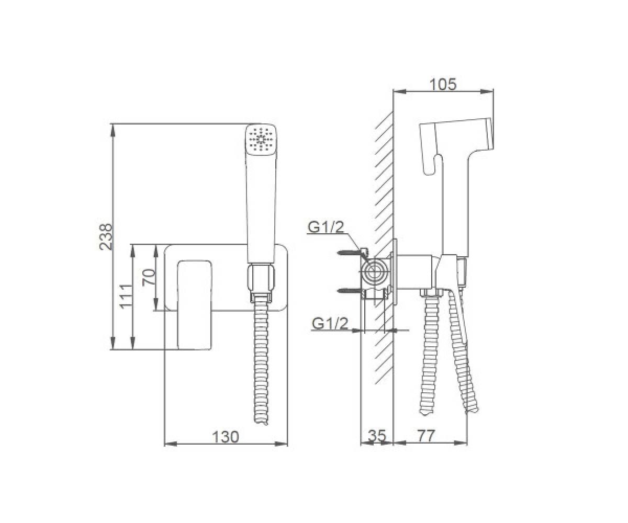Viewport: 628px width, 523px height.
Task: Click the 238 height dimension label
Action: tap(106, 236)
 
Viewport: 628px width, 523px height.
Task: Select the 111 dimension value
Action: tap(126, 296)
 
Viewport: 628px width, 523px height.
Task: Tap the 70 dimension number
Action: tap(149, 277)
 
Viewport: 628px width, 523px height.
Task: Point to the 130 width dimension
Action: tap(225, 437)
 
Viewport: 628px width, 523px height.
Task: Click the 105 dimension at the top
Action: tap(443, 84)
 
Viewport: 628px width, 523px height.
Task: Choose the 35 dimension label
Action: tap(377, 436)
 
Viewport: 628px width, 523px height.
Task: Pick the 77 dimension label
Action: tap(426, 436)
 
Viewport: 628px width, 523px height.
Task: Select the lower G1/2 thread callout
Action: tap(330, 323)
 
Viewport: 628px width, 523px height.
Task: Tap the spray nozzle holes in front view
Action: tap(261, 140)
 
